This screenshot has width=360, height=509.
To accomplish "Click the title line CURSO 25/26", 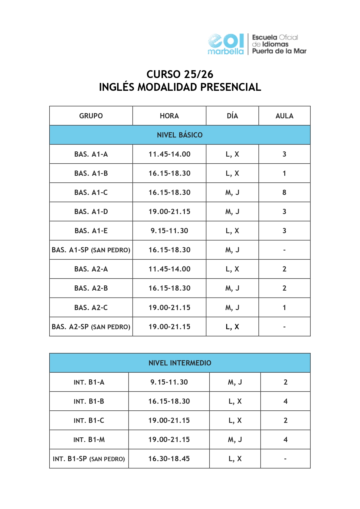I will [x=180, y=74].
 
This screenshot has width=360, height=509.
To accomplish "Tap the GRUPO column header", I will [x=91, y=116].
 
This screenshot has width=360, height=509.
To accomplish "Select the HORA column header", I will [x=169, y=116].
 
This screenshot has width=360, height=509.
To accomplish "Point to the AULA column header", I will [x=284, y=116].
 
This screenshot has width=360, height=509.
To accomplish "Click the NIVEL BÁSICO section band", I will [x=180, y=135].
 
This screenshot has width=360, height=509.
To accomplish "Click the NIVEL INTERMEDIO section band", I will [x=180, y=363].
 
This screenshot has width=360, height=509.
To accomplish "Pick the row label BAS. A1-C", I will [x=91, y=192].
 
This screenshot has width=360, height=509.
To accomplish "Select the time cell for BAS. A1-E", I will [x=169, y=231].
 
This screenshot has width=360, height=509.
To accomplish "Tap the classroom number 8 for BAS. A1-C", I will [x=284, y=192].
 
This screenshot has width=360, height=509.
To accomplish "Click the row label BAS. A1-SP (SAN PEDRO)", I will [x=91, y=250].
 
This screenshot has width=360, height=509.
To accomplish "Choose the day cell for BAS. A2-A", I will [x=232, y=269].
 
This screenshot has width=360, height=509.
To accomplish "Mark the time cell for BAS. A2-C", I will [x=169, y=307].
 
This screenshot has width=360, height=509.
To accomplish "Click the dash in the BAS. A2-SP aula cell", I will [x=284, y=327].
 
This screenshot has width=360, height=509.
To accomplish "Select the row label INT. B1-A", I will [x=89, y=382].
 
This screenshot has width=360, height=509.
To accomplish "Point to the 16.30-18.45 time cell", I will [x=169, y=459].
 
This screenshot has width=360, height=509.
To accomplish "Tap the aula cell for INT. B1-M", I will [x=285, y=439].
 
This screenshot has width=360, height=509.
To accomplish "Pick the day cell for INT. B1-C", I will [x=235, y=420].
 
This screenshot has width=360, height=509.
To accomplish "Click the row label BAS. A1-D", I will [x=91, y=211].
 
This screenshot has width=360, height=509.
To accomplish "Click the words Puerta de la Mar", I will [x=279, y=51].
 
